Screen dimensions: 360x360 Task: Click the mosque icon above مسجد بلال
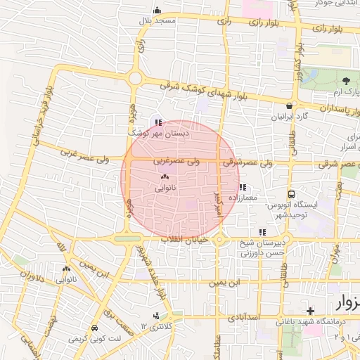click(x=157, y=11)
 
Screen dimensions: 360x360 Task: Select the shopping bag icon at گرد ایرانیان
click(x=289, y=105)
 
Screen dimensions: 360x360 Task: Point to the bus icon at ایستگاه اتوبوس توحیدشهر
click(x=291, y=194)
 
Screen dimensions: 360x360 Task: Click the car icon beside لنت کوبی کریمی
click(x=94, y=328)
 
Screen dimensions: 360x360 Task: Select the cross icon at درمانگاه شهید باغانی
click(x=310, y=310)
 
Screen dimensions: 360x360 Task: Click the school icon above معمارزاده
click(x=243, y=187)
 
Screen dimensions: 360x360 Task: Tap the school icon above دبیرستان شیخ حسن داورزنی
click(x=262, y=231)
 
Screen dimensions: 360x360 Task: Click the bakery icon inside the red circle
click(x=165, y=177)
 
